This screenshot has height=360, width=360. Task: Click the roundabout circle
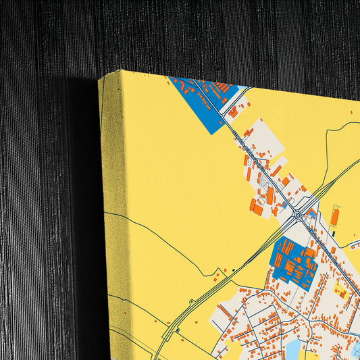click(x=298, y=215)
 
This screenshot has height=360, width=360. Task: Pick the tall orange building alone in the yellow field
click(x=335, y=216)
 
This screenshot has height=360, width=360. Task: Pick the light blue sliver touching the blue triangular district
click(x=242, y=88)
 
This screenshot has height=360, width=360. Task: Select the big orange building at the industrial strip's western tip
click(x=257, y=209)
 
